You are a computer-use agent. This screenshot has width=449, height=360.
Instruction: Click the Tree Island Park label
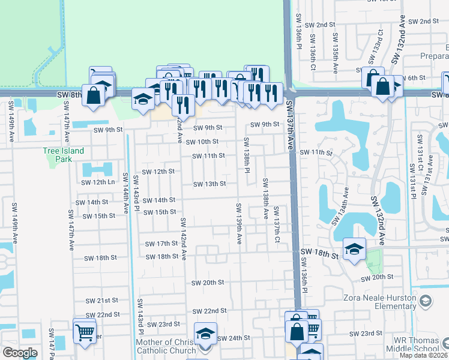point(63,155)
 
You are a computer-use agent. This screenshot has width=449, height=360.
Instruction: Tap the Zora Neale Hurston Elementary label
point(379,302)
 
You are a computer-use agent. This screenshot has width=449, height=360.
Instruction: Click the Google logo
point(20,353)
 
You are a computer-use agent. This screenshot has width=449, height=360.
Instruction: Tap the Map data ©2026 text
point(423,355)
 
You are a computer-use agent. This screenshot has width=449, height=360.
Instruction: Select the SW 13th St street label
point(209,184)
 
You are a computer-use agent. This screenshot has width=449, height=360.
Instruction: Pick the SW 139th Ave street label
point(238,224)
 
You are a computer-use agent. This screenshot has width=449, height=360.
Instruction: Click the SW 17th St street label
point(161,244)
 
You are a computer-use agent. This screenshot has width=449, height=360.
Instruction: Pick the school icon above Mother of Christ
point(205,333)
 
